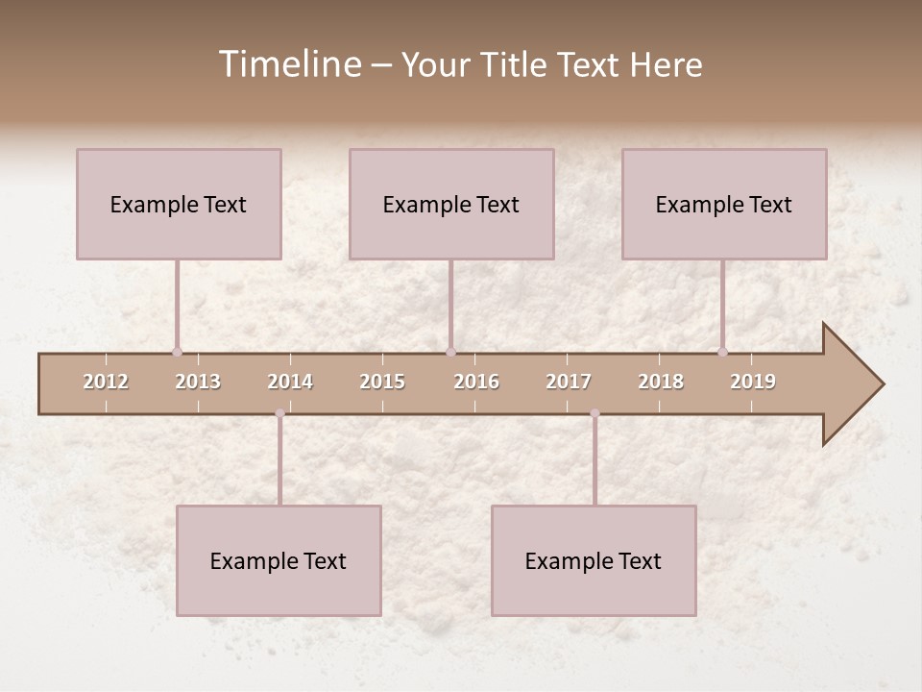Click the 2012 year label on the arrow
[x=106, y=382]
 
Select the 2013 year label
[x=198, y=382]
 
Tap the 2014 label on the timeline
[x=290, y=382]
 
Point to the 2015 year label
[x=382, y=382]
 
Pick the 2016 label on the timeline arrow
[x=476, y=382]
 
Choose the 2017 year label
[x=569, y=382]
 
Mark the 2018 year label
[x=661, y=382]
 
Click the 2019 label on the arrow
[x=753, y=382]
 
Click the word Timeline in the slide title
[x=289, y=64]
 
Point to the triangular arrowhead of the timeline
[x=853, y=384]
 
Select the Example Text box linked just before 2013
[x=179, y=204]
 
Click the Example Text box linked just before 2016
[x=451, y=204]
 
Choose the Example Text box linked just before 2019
[x=724, y=204]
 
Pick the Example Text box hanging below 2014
[x=279, y=560]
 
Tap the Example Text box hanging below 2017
[x=594, y=560]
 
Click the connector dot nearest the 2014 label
[x=279, y=413]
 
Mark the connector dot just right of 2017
[x=594, y=413]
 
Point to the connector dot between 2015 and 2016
[x=450, y=352]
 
